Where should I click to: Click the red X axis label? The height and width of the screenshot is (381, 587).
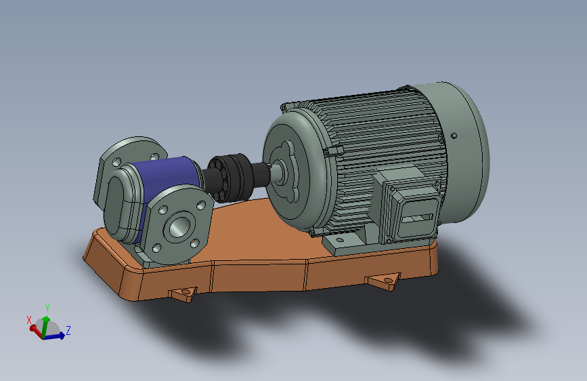29,320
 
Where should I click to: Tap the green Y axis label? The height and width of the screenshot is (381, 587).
47,308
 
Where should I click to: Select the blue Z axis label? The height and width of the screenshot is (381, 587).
68,330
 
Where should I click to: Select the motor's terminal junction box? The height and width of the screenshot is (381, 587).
409,205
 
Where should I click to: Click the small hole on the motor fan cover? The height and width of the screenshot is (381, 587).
454,136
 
